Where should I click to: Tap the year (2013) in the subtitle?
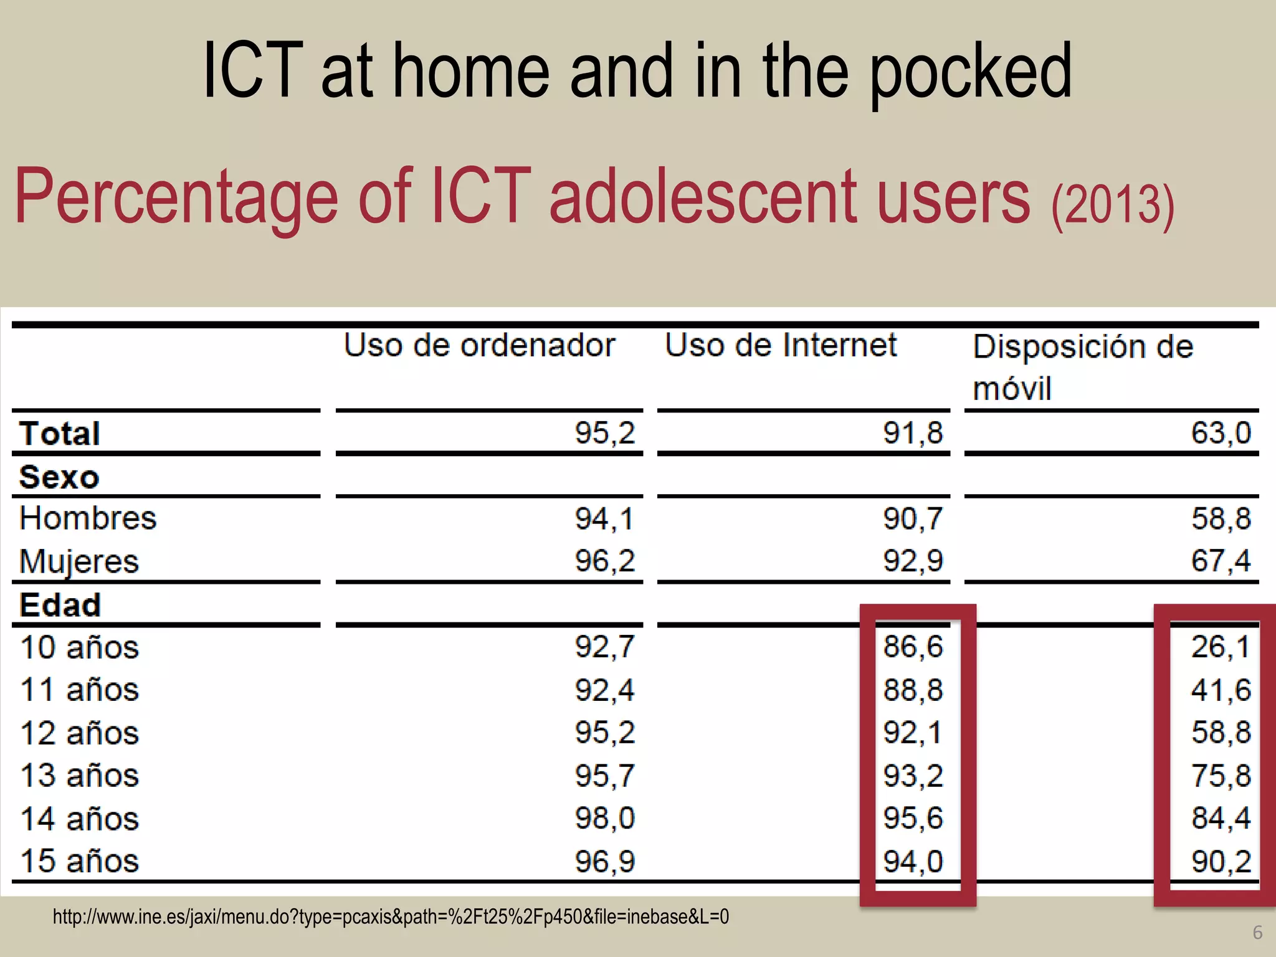1113,205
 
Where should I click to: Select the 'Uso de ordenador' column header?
479,345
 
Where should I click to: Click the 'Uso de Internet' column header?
781,345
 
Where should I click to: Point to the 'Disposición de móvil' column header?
1083,367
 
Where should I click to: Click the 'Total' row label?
60,433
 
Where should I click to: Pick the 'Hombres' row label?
88,518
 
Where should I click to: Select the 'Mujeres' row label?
79,561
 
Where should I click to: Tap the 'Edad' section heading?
60,604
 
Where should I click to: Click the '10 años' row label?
79,647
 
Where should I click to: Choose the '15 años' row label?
79,861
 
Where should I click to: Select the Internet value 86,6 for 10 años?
913,647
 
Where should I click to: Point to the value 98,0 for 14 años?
604,818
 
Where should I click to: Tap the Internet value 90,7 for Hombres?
913,518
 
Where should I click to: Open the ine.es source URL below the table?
391,917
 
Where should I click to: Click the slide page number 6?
1257,933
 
